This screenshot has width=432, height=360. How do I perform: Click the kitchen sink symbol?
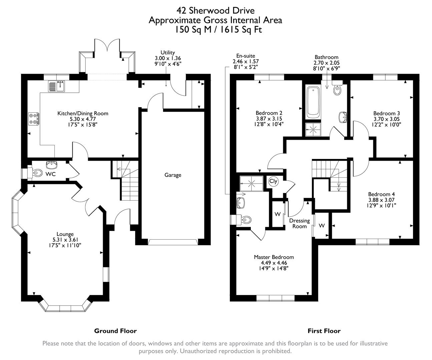(x=56, y=86)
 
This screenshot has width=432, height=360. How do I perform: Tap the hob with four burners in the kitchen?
(x=34, y=118)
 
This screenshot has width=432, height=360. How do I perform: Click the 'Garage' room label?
(x=173, y=175)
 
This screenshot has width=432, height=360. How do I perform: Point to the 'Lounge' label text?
(x=65, y=234)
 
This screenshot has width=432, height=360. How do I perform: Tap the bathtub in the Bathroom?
(x=313, y=102)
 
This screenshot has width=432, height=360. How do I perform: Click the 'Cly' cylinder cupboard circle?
(x=273, y=181)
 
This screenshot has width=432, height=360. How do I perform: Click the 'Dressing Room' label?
(x=299, y=223)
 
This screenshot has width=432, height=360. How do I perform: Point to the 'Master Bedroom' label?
(x=274, y=257)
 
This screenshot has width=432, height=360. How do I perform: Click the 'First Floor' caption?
(x=324, y=331)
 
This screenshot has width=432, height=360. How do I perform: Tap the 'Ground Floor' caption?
(x=115, y=331)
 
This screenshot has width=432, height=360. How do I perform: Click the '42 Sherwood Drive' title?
(x=215, y=11)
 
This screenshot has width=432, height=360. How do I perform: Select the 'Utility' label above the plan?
(x=167, y=52)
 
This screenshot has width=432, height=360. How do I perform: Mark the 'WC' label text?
(x=51, y=174)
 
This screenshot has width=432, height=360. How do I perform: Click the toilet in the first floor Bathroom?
(x=338, y=90)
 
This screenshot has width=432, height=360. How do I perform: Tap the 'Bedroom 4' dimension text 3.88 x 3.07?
(x=381, y=200)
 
